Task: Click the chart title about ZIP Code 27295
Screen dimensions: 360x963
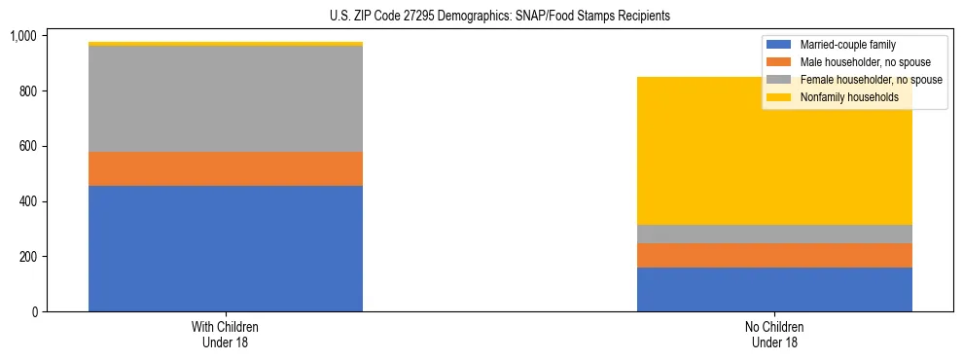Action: [481, 17]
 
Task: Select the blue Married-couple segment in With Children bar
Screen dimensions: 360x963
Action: [226, 248]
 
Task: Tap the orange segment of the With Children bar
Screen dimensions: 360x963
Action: [226, 168]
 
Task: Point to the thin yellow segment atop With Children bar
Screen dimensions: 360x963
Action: [226, 44]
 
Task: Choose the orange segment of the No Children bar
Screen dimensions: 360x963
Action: [774, 255]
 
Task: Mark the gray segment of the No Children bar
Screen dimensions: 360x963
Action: [774, 234]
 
